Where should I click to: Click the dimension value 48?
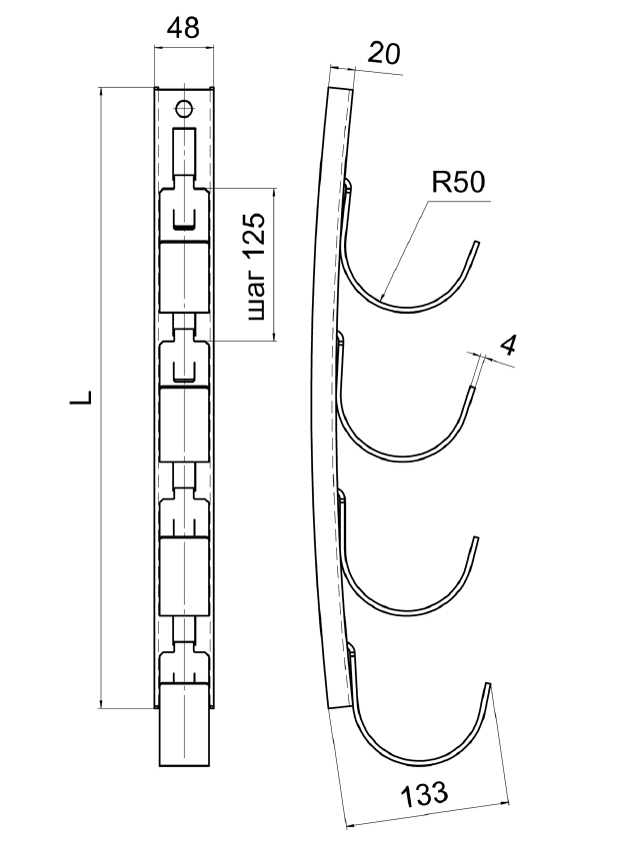[184, 29]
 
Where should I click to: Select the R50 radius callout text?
[457, 182]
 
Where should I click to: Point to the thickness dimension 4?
[508, 345]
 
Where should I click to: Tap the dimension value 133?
[424, 796]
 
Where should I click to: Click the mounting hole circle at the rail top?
[184, 108]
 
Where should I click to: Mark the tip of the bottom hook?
[488, 685]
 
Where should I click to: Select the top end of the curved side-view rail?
[340, 88]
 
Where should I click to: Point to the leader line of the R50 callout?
[405, 250]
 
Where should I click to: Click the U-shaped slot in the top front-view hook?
[184, 222]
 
